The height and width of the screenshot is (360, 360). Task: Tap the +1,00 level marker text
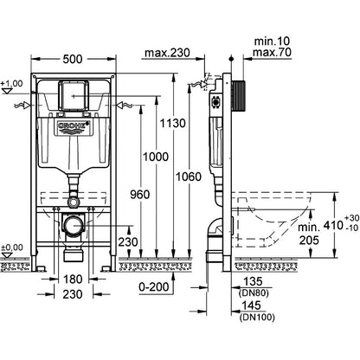[x=10, y=83]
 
